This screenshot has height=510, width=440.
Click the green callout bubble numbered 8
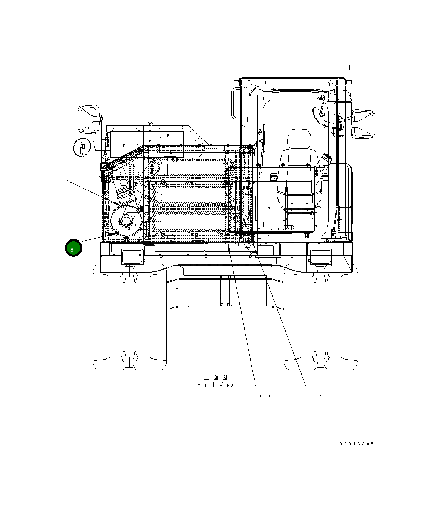click(x=73, y=248)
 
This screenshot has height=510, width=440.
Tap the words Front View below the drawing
click(x=216, y=385)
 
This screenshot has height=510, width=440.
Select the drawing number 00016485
click(x=356, y=444)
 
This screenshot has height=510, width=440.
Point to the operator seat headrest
click(x=299, y=138)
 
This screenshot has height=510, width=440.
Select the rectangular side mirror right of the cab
click(x=363, y=124)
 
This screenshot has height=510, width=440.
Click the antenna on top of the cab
click(x=350, y=82)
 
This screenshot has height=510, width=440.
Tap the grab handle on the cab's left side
click(x=236, y=104)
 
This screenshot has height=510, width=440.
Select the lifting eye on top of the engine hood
click(x=150, y=125)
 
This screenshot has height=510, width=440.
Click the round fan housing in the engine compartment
click(x=126, y=222)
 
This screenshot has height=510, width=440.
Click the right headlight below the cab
click(x=320, y=257)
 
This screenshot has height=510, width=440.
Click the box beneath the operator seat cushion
click(x=299, y=220)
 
